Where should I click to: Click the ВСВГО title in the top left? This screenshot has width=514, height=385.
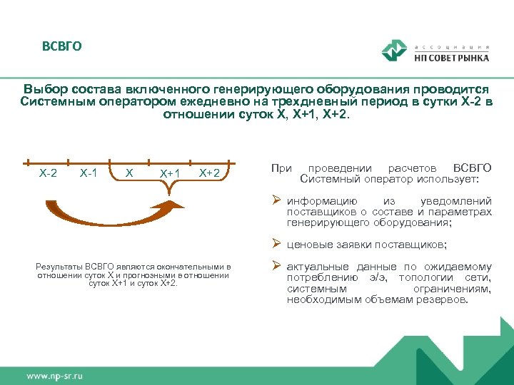[x=61, y=47]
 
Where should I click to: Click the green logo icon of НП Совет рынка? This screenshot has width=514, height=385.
[x=393, y=51]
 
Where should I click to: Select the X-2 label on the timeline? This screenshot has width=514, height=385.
[x=48, y=173]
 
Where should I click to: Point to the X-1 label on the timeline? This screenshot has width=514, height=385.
[x=89, y=173]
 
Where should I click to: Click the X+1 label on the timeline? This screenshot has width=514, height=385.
[x=170, y=173]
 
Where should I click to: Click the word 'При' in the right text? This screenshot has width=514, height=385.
[x=281, y=168]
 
